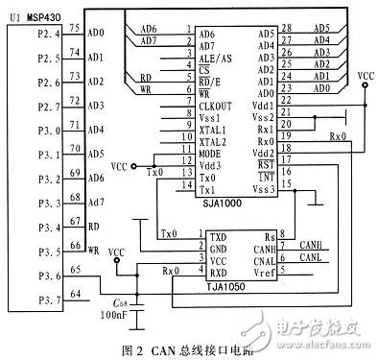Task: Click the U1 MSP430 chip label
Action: pyautogui.click(x=33, y=13)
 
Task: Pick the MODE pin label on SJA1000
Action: pyautogui.click(x=211, y=154)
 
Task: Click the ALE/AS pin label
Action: pyautogui.click(x=217, y=58)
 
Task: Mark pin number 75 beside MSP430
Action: pyautogui.click(x=72, y=31)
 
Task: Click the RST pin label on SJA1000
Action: pyautogui.click(x=266, y=165)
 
